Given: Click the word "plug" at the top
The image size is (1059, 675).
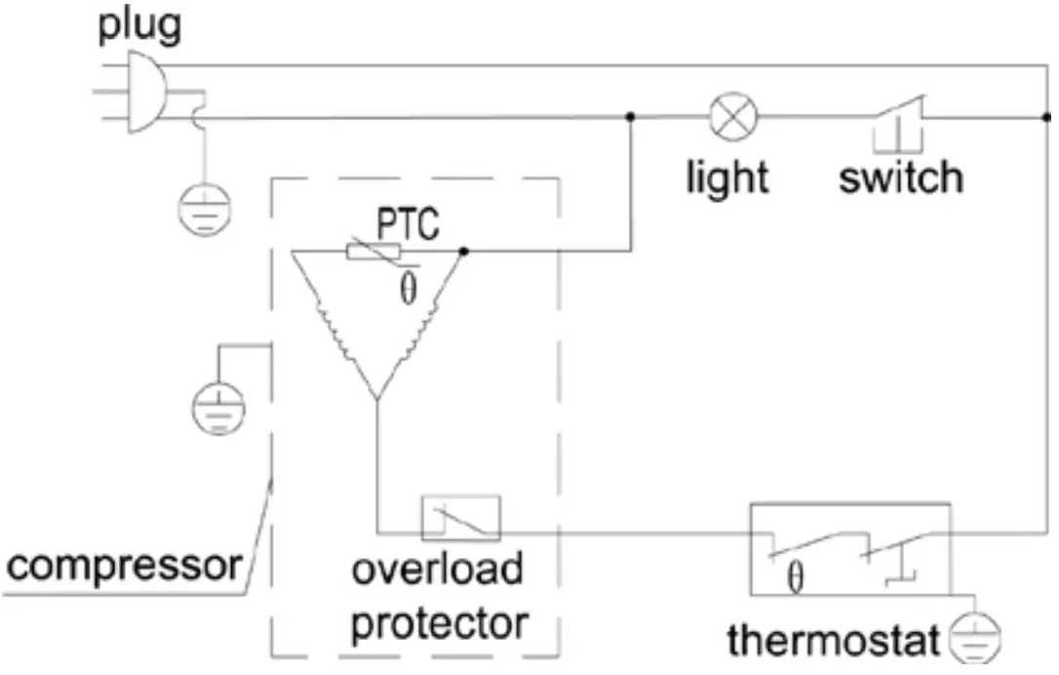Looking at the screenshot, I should (138, 25).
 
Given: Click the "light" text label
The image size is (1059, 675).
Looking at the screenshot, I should (727, 178).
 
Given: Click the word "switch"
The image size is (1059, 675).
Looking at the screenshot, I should (901, 178).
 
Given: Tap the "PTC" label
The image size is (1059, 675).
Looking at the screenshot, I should (409, 224).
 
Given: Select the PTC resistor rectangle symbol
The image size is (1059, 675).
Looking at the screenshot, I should (374, 252).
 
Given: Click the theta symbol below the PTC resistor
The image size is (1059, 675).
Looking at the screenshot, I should (408, 289).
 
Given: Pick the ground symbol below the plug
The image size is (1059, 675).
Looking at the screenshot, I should (206, 207).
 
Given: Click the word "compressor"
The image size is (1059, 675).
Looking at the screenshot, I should (123, 565).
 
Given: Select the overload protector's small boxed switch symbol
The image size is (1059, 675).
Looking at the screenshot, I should (460, 518).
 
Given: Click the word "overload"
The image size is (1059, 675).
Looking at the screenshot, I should (437, 570).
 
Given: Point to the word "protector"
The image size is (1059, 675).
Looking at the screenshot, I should (439, 621).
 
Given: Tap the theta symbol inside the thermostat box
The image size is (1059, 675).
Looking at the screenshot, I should (795, 579).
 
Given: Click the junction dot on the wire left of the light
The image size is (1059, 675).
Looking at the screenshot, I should (632, 118).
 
